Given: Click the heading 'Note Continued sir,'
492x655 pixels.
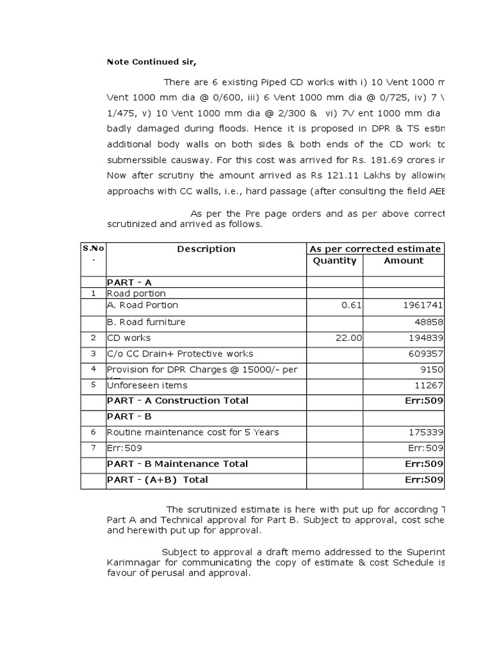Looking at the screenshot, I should pos(151,62).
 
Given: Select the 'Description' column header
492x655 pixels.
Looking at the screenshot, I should pos(206,249).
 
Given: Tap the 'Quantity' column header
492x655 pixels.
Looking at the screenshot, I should pos(334,260).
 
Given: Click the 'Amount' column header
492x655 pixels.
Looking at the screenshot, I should pos(403,260).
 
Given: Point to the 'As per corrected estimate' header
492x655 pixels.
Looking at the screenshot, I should pos(375,249).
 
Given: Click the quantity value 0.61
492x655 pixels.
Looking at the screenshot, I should pos(352,306).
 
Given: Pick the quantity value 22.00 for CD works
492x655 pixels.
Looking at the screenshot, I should pos(348,338).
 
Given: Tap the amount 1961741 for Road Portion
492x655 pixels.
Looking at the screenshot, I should pos(423,306).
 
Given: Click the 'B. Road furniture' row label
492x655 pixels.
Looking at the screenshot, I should pos(146,322).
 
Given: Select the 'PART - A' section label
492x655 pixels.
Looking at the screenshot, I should pos(129,282).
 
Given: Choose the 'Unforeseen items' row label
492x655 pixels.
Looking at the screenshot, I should pos(147,385).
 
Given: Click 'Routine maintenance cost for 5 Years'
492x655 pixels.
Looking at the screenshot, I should pos(193,432).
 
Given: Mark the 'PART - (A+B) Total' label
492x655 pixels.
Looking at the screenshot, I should pos(158,480).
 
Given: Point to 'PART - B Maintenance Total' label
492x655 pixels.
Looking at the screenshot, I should pos(177,464).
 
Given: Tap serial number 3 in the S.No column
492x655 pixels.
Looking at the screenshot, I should pos(93,353).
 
